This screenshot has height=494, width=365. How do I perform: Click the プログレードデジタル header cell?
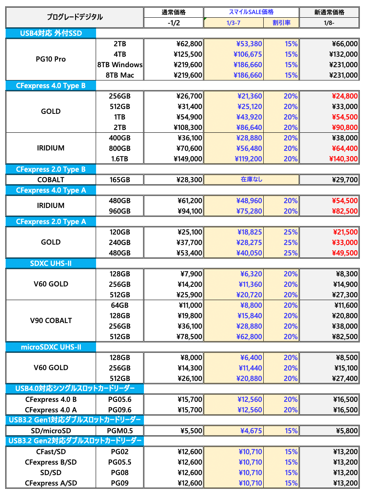pos(74,17)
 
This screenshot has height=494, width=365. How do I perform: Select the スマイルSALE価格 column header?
pos(251,12)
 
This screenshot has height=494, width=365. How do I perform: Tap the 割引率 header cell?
pos(281,23)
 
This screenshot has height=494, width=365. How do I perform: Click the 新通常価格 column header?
pos(329,12)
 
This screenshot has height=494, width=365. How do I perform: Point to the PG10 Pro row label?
pos(51,59)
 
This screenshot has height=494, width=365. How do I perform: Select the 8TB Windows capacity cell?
pos(120,65)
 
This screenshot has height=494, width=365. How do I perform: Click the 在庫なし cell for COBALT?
pos(251,179)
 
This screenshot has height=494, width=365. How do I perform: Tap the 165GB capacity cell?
pos(120,180)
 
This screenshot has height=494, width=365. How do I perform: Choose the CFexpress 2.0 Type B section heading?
pos(51,169)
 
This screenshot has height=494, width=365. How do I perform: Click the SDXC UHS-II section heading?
pos(51,263)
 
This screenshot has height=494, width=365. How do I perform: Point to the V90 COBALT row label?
pos(51,321)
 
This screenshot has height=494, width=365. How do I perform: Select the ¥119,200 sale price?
pos(248,159)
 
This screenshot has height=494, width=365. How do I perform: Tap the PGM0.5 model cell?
pos(120,431)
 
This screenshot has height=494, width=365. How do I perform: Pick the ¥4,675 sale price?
pos(251,431)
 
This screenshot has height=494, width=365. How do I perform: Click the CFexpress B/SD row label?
pos(51,462)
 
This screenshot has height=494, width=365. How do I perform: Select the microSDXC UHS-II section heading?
pos(51,347)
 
